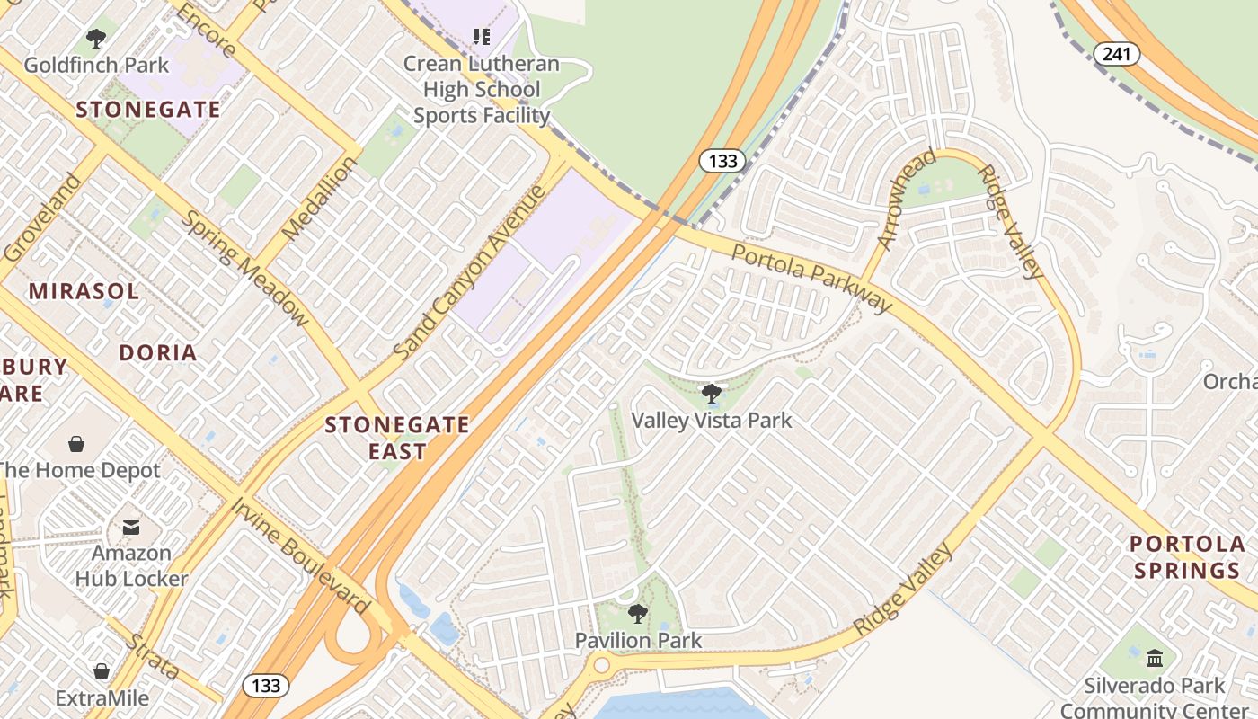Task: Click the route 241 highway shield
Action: [1116, 54]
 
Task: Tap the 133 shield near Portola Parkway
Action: [722, 161]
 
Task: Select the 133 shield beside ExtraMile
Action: [266, 686]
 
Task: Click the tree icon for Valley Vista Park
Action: [711, 393]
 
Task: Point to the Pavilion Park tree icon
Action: [638, 614]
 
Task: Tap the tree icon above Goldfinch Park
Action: [96, 39]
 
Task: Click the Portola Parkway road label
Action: [811, 277]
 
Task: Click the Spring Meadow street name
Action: [244, 268]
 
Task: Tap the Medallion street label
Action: [319, 200]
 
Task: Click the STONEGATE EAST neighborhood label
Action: [396, 438]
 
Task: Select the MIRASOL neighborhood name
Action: [84, 291]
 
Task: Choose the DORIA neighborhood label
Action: [158, 352]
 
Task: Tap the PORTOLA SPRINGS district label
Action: [1187, 556]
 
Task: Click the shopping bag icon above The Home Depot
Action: [76, 444]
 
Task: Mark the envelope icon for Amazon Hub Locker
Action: [131, 527]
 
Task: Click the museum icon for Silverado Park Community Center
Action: [1155, 659]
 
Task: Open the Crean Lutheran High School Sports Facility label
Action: [482, 89]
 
